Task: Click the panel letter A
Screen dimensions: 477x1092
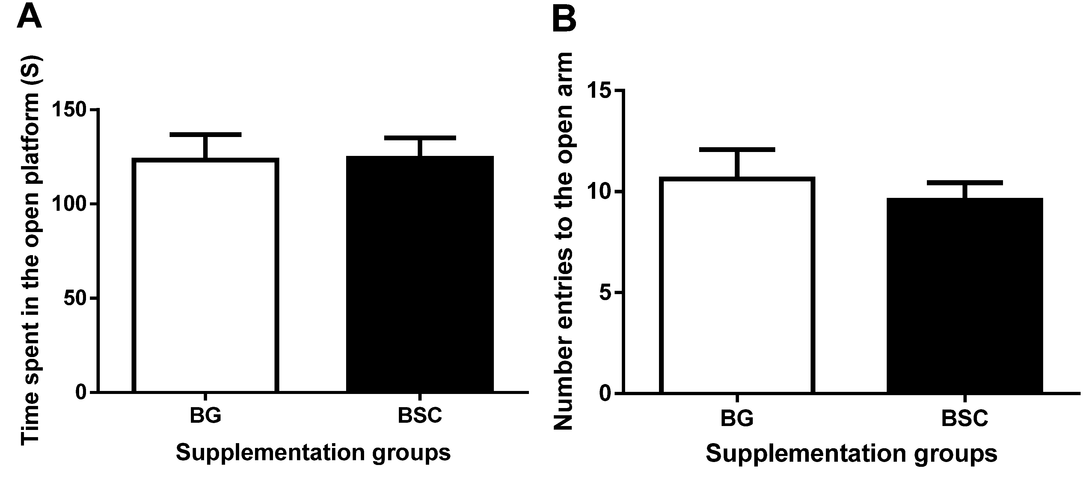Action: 29,17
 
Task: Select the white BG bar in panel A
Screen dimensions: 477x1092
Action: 205,276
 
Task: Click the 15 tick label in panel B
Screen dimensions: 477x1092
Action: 598,91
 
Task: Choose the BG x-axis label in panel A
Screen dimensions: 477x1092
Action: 205,416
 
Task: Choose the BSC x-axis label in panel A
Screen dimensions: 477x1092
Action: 420,416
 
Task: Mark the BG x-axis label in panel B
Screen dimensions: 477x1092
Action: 737,419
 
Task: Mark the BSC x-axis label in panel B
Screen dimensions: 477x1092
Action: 964,419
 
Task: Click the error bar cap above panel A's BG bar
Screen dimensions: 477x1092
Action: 205,134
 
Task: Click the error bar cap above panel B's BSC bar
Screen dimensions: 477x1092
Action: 964,183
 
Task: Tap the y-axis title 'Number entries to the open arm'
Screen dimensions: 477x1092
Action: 563,242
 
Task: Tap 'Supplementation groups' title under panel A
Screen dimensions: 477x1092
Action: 313,453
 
